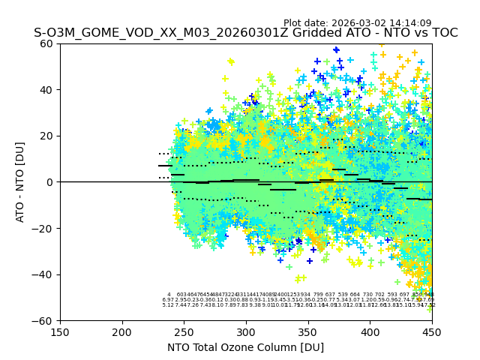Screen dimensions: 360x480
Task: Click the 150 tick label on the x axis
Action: (x=60, y=331)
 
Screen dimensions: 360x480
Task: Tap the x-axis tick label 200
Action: (x=122, y=331)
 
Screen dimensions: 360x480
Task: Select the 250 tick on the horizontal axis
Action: (x=184, y=331)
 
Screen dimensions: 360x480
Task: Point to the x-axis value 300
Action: (x=246, y=331)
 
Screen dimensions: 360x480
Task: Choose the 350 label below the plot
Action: (x=307, y=331)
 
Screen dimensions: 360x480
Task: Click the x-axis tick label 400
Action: (x=370, y=331)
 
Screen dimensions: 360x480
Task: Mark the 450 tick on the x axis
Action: (x=431, y=331)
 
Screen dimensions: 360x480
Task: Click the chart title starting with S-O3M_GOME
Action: (x=246, y=33)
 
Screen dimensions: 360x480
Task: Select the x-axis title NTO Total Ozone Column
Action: (x=246, y=347)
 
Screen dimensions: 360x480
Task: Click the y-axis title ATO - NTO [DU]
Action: (x=20, y=182)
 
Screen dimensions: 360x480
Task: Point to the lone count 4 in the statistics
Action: (x=169, y=295)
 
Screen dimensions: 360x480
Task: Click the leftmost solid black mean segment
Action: (x=165, y=166)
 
